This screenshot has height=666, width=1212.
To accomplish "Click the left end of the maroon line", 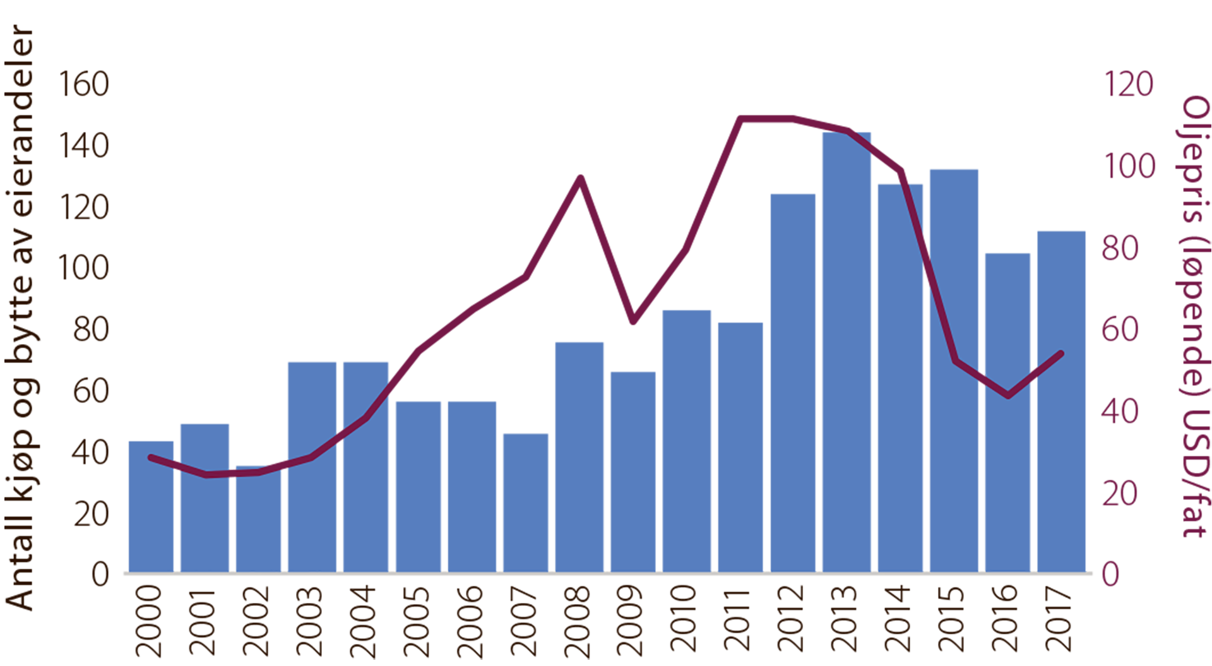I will pos(150,456).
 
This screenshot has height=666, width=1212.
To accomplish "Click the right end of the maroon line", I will pos(1063,353).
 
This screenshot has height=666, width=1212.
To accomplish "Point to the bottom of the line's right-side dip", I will pos(1008,396).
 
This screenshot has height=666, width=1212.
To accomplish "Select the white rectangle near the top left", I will pos(352,136).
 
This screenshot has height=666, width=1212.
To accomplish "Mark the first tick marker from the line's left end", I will pos(177,466).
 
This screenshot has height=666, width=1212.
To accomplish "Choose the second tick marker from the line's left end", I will pos(232,473).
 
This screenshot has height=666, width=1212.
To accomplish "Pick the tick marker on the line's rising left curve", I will pos(340,436).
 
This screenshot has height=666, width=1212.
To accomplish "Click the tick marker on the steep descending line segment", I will pos(926,261).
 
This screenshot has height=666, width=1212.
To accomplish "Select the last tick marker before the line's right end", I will pos(1034,376).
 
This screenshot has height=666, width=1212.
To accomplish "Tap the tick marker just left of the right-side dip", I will pos(982,378).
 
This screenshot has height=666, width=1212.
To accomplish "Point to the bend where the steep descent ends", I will pos(956,360).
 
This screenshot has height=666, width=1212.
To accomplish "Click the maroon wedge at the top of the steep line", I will pos(896,155).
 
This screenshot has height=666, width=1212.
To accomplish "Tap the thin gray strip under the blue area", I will pos(606,578).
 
